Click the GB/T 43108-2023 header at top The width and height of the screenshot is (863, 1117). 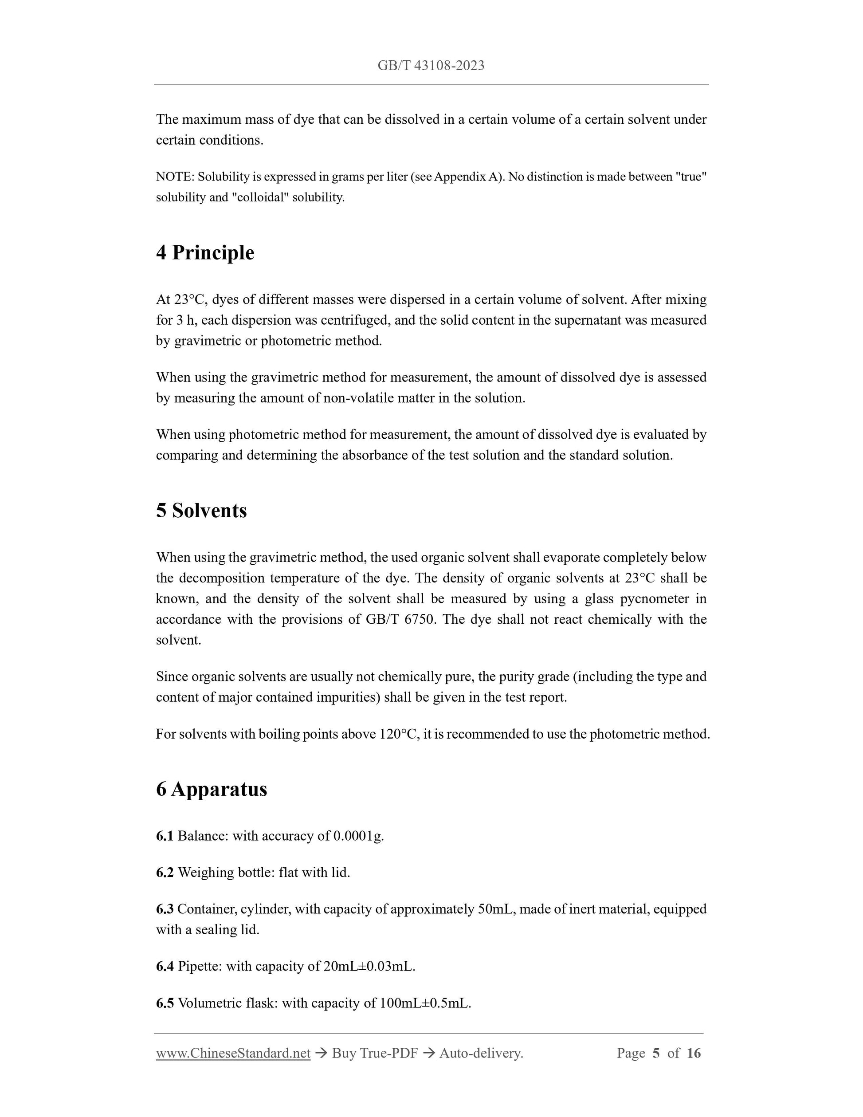pos(431,66)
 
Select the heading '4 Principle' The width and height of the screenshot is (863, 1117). pos(205,253)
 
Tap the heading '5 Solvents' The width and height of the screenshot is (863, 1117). pos(201,511)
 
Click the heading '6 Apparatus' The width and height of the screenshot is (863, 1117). pos(212,789)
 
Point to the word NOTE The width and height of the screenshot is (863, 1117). pos(174,177)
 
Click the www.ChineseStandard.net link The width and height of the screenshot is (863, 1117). pos(233,1053)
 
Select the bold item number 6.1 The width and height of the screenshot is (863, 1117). pos(165,836)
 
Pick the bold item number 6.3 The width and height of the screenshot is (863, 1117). pos(165,909)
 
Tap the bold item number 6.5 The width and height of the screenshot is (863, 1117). pos(165,1003)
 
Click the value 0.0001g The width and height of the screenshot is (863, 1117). pos(358,836)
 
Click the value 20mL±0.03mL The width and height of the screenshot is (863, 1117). pos(369,966)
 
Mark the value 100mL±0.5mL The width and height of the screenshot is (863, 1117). pos(424,1003)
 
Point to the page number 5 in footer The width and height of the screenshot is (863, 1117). pos(656,1053)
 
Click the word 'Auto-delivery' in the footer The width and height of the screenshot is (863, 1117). pos(480,1053)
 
